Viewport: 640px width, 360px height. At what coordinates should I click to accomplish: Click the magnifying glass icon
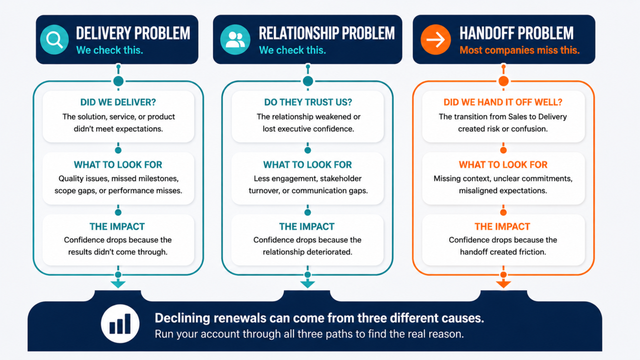tap(54, 40)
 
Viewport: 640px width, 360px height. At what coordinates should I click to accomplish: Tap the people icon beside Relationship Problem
tap(235, 40)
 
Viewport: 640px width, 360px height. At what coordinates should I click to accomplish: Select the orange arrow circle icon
tap(436, 40)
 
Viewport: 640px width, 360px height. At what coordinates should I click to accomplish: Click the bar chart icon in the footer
tap(120, 324)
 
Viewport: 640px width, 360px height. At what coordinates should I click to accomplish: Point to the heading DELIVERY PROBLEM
tap(133, 33)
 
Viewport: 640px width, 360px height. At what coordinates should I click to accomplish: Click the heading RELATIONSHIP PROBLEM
tap(327, 33)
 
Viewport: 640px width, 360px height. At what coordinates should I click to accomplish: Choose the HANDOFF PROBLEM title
tap(517, 33)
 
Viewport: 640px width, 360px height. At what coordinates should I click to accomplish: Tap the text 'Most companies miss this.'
tap(520, 50)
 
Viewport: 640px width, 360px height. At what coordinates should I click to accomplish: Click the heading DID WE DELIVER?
tap(118, 102)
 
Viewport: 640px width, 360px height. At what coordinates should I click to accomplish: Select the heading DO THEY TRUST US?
tap(308, 102)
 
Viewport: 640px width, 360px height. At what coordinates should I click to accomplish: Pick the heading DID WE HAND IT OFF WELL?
tap(503, 102)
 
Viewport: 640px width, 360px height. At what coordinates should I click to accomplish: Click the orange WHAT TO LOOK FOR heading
tap(503, 165)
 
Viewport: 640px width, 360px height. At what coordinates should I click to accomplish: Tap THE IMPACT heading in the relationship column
tap(307, 227)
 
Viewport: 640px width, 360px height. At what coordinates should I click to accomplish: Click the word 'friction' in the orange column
tap(532, 252)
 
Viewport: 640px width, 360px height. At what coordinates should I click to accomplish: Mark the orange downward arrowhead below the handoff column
tap(503, 284)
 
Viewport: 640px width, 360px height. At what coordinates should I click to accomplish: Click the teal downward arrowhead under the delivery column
tap(118, 284)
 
